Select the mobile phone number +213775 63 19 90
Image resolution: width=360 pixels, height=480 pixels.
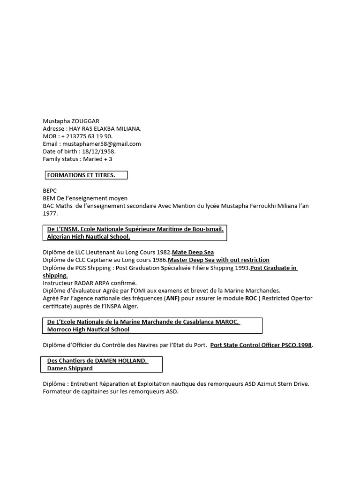(x=86, y=136)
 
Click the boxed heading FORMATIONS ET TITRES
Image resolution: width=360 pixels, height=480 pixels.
(x=81, y=175)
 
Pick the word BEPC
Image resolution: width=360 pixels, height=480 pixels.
(x=50, y=191)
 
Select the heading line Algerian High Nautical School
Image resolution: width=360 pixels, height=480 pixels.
(x=89, y=237)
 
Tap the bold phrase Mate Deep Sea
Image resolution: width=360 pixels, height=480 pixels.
(x=193, y=252)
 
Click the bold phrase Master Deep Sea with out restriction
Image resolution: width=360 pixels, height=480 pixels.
(x=218, y=260)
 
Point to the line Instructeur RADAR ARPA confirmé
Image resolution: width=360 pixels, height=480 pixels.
(x=90, y=283)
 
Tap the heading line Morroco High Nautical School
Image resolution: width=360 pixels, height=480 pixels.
(x=88, y=330)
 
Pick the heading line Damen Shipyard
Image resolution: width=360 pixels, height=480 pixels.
(x=70, y=368)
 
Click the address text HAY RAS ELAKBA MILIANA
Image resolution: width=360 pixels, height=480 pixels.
(x=105, y=129)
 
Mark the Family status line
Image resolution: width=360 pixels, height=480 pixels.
(x=77, y=159)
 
